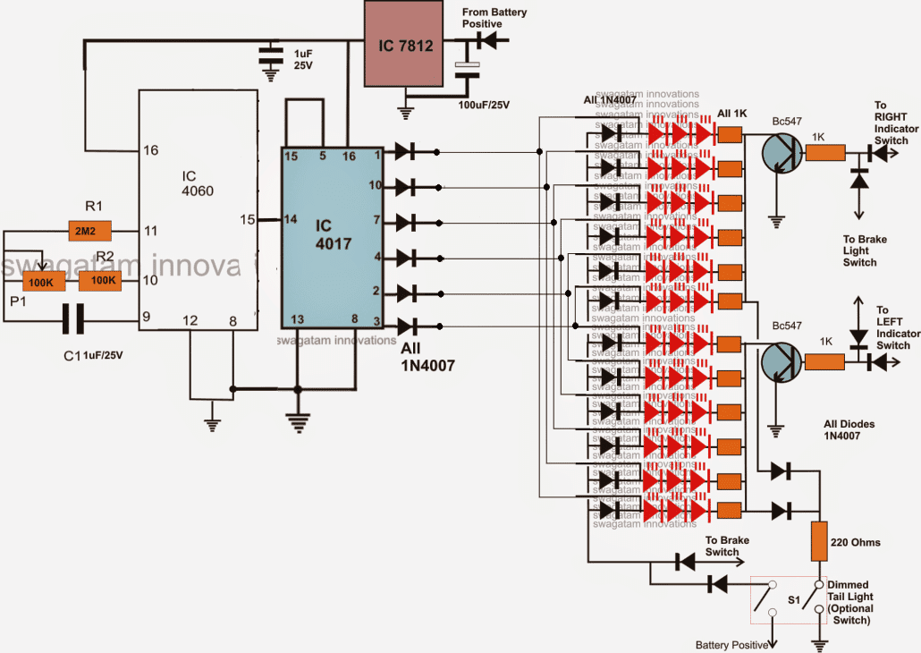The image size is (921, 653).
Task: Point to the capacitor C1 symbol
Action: [x=72, y=318]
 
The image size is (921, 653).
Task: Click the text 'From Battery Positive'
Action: [x=494, y=19]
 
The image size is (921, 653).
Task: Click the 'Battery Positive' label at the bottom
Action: [x=732, y=644]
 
